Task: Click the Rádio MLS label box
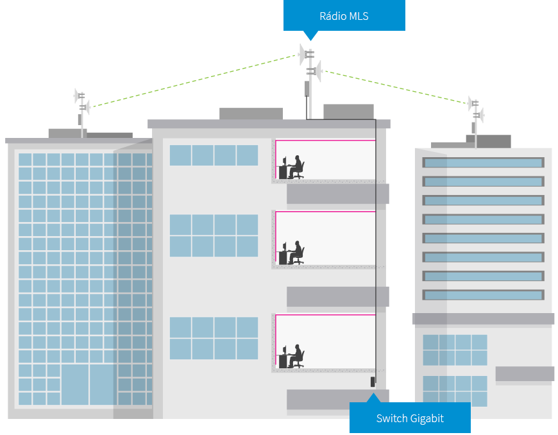pyautogui.click(x=344, y=16)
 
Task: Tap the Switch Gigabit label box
pyautogui.click(x=410, y=418)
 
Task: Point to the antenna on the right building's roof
pyautogui.click(x=476, y=113)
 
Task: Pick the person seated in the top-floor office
pyautogui.click(x=296, y=167)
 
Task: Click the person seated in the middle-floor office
pyautogui.click(x=296, y=252)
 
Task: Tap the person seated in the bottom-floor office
pyautogui.click(x=296, y=356)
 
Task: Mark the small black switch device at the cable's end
pyautogui.click(x=372, y=382)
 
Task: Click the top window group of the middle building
pyautogui.click(x=214, y=155)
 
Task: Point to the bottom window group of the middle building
pyautogui.click(x=214, y=338)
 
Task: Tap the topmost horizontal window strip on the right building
pyautogui.click(x=483, y=163)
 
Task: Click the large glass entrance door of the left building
pyautogui.click(x=88, y=384)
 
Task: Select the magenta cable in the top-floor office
pyautogui.click(x=324, y=141)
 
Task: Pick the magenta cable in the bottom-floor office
pyautogui.click(x=324, y=315)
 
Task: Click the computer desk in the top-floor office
pyautogui.click(x=282, y=172)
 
